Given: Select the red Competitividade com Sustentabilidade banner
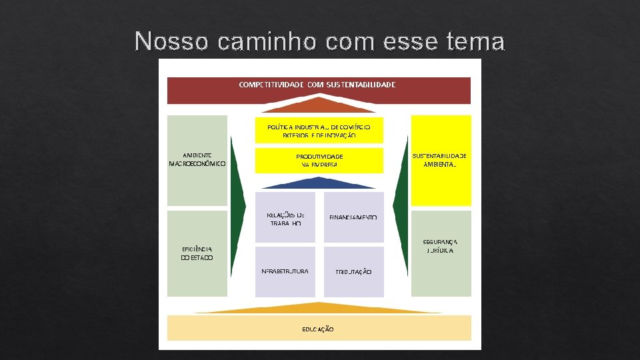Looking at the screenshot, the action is (319, 90).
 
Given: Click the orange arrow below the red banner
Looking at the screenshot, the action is (318, 105).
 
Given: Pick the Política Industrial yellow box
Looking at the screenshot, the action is (319, 130).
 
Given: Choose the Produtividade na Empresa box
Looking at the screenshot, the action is (319, 160).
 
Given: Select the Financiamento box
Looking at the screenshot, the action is (353, 217).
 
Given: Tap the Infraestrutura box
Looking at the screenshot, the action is (285, 271).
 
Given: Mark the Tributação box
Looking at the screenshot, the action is (353, 271).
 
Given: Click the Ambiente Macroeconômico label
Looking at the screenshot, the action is (197, 159).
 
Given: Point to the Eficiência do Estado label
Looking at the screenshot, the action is (197, 253).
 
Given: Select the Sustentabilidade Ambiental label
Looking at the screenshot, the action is (440, 159).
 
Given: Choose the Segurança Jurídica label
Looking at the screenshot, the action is (440, 246).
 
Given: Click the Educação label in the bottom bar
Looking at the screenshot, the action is (318, 329).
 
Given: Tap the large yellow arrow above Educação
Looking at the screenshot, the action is (318, 308).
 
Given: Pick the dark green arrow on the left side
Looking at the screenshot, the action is (237, 207).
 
